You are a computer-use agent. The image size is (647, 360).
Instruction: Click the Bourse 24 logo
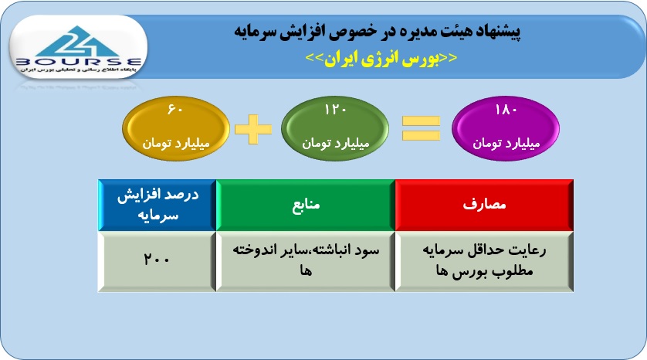79,47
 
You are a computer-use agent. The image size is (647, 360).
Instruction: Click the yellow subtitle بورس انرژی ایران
381,58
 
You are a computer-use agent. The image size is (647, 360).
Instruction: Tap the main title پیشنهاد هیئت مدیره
378,31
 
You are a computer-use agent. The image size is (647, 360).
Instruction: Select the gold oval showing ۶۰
176,128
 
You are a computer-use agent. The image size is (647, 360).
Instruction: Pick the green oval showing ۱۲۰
334,128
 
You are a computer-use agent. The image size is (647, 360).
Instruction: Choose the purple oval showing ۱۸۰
506,128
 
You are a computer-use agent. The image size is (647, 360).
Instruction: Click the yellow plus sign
253,129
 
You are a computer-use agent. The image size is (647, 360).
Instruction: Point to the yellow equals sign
422,128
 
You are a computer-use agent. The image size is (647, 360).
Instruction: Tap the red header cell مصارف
484,205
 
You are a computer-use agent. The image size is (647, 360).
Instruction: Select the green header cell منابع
306,205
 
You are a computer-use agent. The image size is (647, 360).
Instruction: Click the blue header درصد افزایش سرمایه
158,205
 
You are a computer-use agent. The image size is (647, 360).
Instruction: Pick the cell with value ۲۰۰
158,261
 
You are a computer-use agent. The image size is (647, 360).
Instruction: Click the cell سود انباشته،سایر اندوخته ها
306,261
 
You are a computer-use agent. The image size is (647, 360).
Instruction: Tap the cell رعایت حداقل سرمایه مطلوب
484,261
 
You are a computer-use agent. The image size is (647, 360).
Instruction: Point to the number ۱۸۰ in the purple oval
506,110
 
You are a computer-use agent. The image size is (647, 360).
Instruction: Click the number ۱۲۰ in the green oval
335,110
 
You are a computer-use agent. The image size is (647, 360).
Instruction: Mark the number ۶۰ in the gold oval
175,110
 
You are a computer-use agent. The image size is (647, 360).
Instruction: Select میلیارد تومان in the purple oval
506,143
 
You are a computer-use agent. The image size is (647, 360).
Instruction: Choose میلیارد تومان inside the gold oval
176,143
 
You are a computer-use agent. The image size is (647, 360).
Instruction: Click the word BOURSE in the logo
79,63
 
